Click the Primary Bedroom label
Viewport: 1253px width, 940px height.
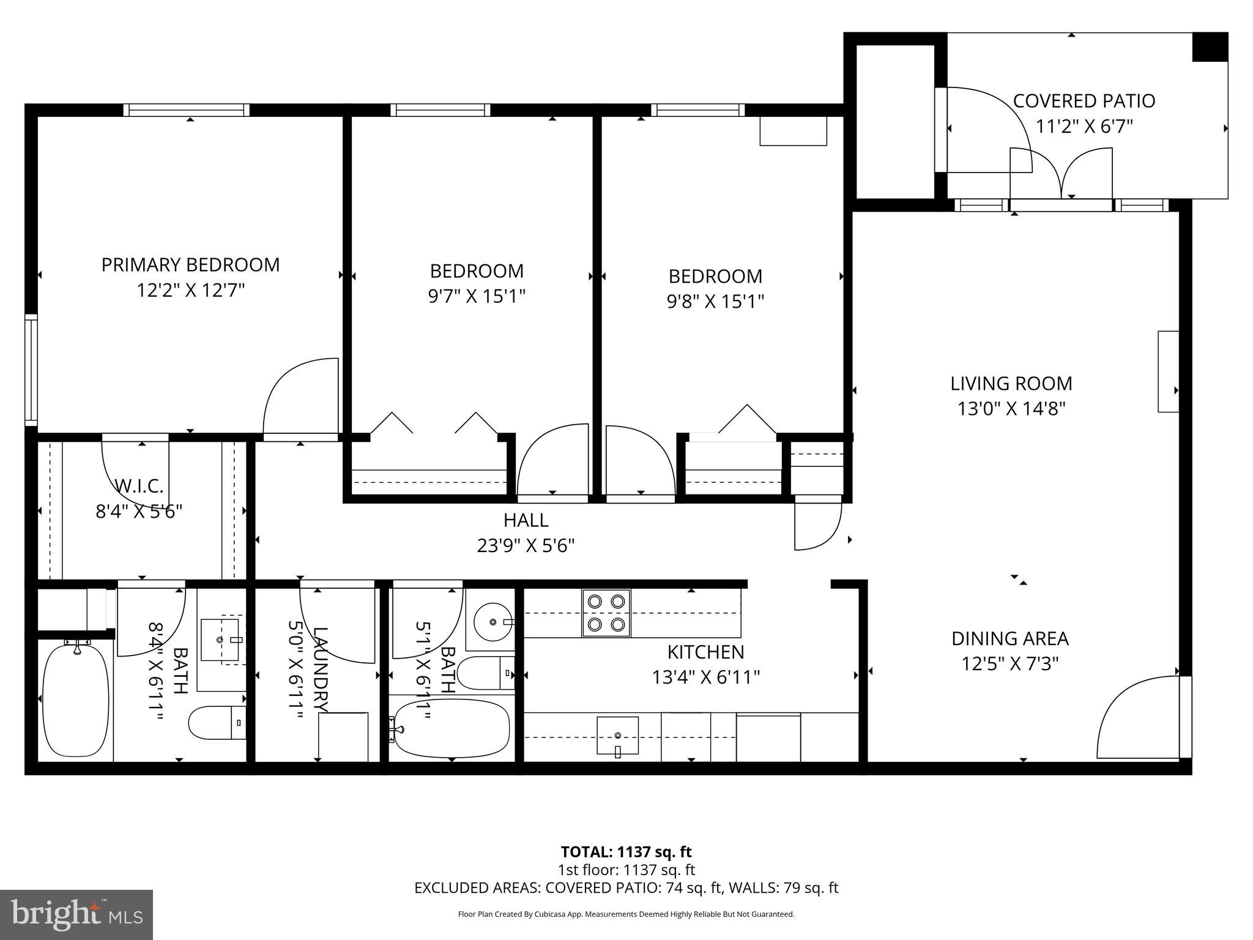(190, 264)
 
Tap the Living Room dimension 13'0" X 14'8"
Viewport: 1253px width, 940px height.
(1011, 408)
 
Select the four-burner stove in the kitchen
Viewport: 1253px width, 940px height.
(606, 613)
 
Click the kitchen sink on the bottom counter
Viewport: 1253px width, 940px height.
(617, 735)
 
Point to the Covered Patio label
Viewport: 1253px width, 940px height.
(1084, 101)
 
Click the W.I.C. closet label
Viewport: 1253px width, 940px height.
(139, 487)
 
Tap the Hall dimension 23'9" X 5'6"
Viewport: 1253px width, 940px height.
(526, 545)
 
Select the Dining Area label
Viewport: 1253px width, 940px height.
(1009, 638)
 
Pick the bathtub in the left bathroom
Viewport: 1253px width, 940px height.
(76, 699)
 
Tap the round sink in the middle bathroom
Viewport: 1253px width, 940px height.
(493, 622)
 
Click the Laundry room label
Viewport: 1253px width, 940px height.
(320, 670)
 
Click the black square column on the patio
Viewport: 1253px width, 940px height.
(1210, 47)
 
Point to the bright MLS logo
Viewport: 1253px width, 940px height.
(76, 915)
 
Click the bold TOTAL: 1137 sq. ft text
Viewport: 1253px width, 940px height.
(626, 851)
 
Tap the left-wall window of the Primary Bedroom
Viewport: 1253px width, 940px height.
(31, 370)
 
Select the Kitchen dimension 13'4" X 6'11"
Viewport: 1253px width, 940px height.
(705, 677)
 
